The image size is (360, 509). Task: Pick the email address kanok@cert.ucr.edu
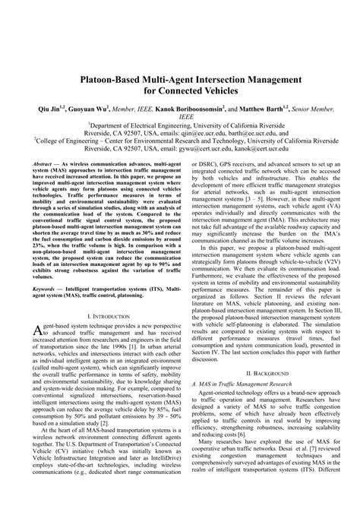point(251,149)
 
